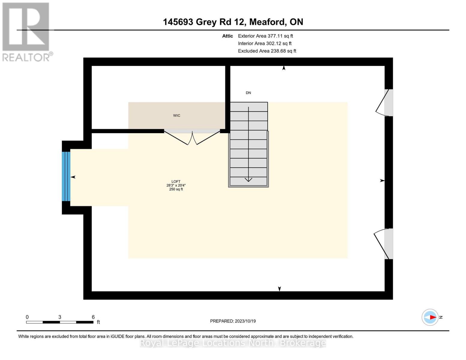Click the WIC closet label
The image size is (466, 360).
pos(176,115)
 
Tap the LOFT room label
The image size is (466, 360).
pos(176,181)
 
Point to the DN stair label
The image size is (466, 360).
pos(248,93)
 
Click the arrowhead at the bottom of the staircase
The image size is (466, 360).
pos(248,179)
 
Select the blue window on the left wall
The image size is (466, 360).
pos(66,176)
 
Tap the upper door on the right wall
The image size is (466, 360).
pos(385,103)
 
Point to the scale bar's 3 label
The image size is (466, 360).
pos(60,317)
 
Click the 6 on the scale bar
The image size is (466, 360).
pos(93,317)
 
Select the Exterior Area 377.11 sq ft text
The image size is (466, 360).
pos(265,36)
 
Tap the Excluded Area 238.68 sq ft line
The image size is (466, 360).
pos(267,51)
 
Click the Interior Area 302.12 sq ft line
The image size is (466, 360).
pos(265,43)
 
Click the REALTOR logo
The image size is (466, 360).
pos(27,31)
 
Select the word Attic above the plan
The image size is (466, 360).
pos(227,36)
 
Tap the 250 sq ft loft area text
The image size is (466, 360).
pos(176,189)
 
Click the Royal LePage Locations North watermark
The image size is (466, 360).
pos(233,343)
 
